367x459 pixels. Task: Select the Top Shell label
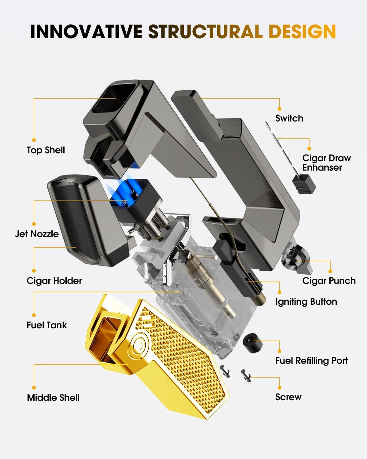click(46, 150)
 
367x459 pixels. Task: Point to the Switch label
click(289, 118)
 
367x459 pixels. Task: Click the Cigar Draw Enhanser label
click(326, 163)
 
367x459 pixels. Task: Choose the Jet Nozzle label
click(37, 234)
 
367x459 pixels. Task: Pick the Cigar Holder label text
click(54, 281)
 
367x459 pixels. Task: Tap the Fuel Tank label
click(46, 325)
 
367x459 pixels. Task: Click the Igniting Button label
click(306, 302)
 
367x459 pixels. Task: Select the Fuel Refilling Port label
click(311, 361)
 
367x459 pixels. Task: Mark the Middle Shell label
click(53, 398)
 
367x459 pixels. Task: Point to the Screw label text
click(288, 397)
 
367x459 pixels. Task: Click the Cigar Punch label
click(329, 281)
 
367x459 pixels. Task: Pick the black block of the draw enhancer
click(304, 184)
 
